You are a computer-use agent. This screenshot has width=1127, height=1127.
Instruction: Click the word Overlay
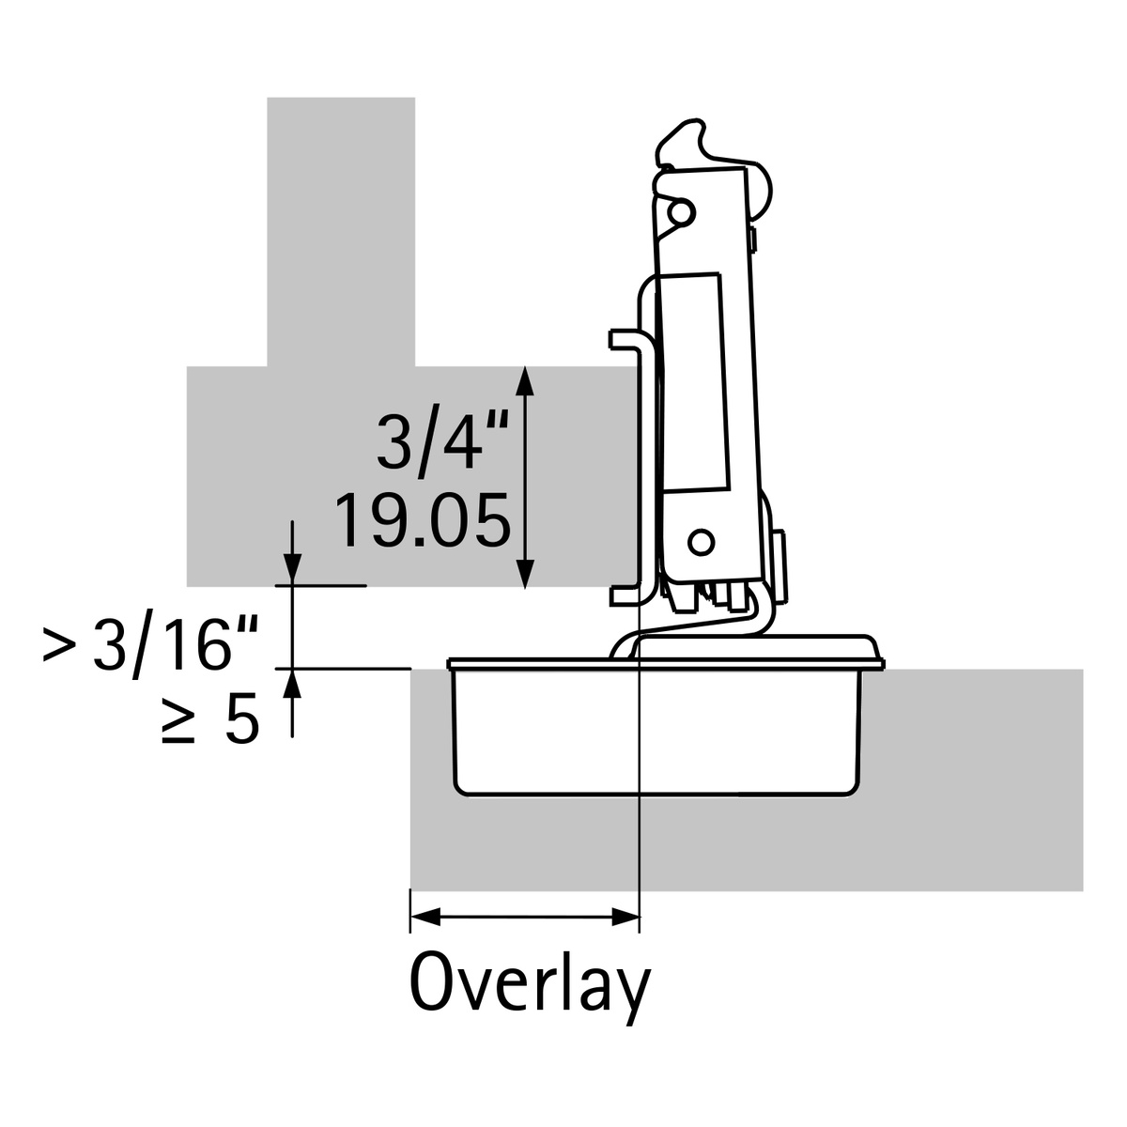[x=530, y=984]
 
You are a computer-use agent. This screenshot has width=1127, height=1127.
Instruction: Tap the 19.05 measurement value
[x=423, y=521]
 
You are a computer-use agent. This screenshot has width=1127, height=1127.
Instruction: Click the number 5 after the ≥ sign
[x=241, y=722]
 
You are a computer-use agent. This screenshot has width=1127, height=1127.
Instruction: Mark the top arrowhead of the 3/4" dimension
[x=526, y=380]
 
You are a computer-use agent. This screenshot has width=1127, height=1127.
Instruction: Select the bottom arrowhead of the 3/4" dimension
[x=526, y=573]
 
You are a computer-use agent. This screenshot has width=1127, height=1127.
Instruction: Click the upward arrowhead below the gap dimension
[x=293, y=684]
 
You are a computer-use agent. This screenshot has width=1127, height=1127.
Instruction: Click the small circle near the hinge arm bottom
[x=699, y=542]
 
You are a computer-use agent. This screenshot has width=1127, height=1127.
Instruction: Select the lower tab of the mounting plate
[x=624, y=594]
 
